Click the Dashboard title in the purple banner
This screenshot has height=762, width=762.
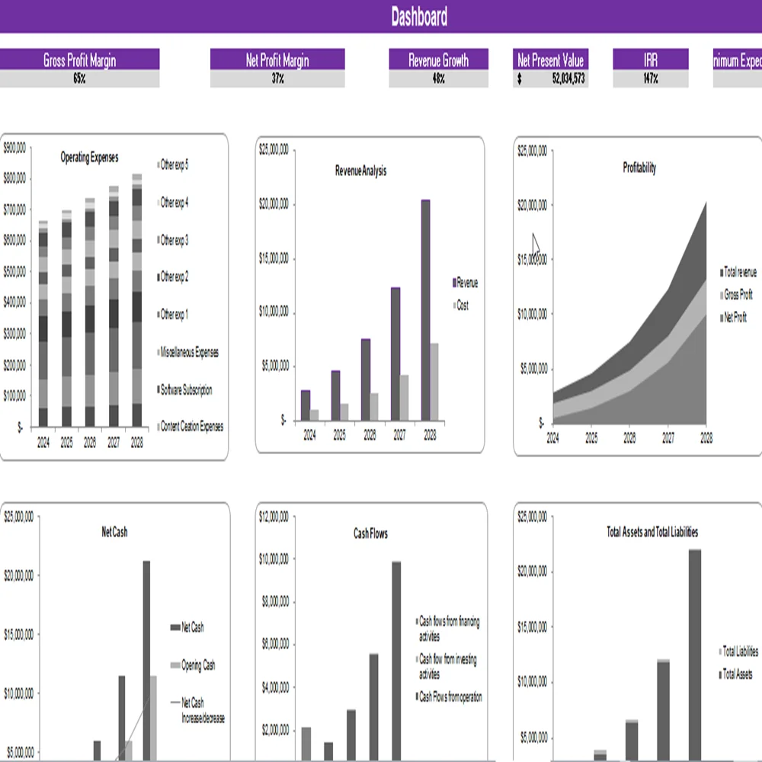tap(419, 17)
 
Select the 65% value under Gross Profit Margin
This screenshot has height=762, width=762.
tap(79, 78)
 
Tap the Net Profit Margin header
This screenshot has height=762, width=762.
tap(277, 60)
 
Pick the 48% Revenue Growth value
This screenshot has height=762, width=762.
tap(438, 78)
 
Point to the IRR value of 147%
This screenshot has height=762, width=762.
tap(650, 78)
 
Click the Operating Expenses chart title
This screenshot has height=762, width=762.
tap(89, 158)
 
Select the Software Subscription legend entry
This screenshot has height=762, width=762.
tap(186, 390)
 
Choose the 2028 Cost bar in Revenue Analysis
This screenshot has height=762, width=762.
tap(434, 382)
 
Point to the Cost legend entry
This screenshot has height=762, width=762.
tap(462, 306)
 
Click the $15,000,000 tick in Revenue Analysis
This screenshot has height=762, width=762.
tap(274, 258)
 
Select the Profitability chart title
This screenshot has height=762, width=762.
tap(639, 168)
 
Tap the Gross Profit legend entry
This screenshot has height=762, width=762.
tap(738, 295)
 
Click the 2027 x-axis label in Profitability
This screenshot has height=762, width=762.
tap(668, 438)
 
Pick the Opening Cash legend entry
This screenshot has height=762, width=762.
tap(197, 665)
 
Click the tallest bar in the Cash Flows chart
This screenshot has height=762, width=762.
tap(396, 660)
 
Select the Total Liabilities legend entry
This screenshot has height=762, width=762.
tap(740, 652)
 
